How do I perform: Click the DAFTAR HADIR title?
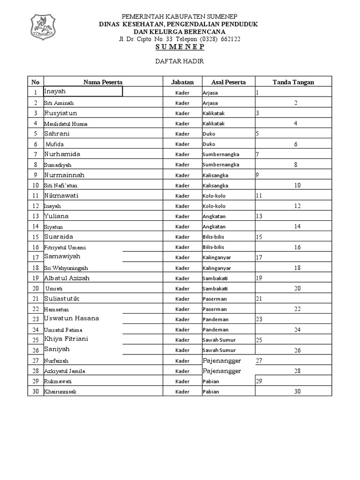click(x=180, y=61)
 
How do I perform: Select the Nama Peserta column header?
click(x=103, y=82)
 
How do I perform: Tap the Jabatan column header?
click(x=182, y=82)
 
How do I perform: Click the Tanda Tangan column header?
click(x=293, y=82)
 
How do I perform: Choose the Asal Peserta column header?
click(x=228, y=82)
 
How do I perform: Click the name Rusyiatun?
click(x=61, y=113)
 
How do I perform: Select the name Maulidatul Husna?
click(x=66, y=124)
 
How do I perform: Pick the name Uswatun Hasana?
click(x=72, y=318)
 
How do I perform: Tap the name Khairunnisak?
click(x=60, y=391)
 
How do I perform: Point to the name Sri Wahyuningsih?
click(x=66, y=268)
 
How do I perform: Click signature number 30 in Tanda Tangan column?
click(x=297, y=391)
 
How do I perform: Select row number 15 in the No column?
click(x=35, y=237)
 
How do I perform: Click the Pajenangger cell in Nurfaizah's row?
click(x=222, y=360)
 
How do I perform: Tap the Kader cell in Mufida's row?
click(x=182, y=144)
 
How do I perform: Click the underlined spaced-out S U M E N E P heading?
click(x=180, y=47)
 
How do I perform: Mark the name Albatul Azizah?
click(x=67, y=278)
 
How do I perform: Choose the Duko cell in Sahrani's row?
click(x=209, y=134)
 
